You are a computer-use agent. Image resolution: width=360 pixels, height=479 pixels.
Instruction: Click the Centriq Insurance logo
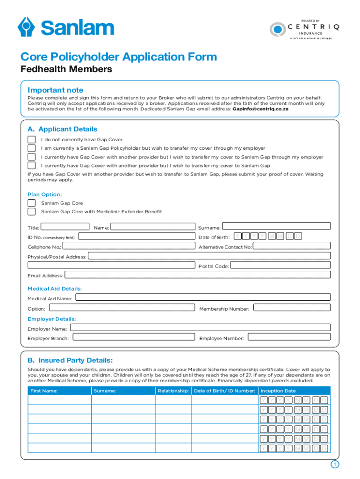click(x=304, y=29)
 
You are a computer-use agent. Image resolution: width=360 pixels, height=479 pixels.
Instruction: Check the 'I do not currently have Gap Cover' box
click(x=31, y=139)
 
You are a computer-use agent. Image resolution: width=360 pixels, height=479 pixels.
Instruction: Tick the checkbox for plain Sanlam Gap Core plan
click(x=31, y=203)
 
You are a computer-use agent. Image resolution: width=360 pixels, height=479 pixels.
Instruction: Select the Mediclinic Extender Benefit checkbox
click(x=31, y=211)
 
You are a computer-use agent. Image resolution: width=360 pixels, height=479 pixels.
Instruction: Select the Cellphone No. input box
click(x=129, y=247)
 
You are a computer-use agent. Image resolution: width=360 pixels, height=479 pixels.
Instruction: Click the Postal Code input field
click(x=281, y=265)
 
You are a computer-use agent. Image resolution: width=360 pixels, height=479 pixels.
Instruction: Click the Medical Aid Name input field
click(x=203, y=298)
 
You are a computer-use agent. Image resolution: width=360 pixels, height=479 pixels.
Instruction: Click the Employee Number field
click(x=289, y=337)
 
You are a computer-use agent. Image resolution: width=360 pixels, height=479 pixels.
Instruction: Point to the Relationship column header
click(x=173, y=391)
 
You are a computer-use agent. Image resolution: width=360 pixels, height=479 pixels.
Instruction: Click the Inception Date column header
click(x=278, y=391)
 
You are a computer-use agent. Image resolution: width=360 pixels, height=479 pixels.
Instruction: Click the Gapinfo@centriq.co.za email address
click(x=260, y=109)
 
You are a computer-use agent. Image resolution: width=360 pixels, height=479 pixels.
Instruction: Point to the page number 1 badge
click(x=334, y=464)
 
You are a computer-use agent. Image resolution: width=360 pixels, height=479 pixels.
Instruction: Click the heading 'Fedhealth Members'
click(x=66, y=70)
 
